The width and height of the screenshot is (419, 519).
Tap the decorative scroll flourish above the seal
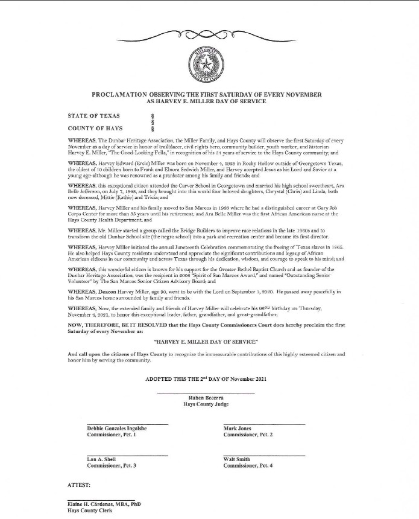[x=209, y=35]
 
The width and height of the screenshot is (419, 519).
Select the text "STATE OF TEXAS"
[x=94, y=115]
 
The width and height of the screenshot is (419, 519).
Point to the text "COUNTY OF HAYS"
[x=95, y=128]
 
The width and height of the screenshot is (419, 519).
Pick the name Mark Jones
[x=237, y=428]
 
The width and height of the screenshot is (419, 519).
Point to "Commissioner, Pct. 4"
[x=248, y=466]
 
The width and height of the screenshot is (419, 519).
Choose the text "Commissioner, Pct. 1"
[x=112, y=435]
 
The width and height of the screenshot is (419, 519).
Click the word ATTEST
[x=79, y=485]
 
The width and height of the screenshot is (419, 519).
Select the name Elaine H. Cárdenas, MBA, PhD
[x=105, y=504]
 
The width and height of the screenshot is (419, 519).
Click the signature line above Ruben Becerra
[x=205, y=393]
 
